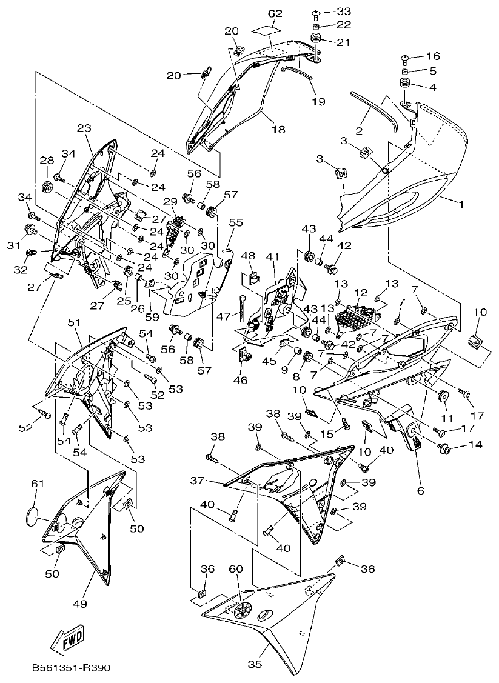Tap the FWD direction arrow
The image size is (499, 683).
point(67,639)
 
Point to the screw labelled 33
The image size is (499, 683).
point(316,12)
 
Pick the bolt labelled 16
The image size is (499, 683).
point(404,58)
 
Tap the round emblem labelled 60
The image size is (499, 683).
point(242,611)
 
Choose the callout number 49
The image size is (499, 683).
point(81,604)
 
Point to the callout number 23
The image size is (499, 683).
point(84,128)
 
